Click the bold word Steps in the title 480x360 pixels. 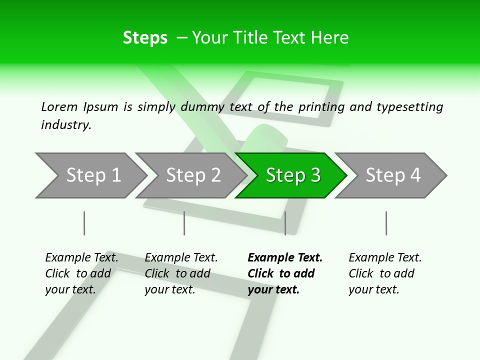point(145,38)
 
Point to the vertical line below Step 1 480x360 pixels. point(84,223)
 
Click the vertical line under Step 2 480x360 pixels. point(184,223)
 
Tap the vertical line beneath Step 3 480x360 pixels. point(285,223)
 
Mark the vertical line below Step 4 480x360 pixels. point(386,223)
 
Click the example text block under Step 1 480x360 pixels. point(81,273)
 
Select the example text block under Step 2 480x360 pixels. point(181,273)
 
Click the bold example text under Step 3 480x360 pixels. point(284,273)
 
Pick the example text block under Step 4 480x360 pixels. point(385,273)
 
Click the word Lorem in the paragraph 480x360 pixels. point(59,107)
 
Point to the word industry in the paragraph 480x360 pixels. point(66,125)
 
